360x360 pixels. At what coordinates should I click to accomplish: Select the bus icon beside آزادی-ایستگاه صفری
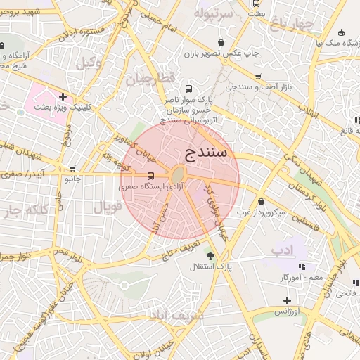(x=150, y=176)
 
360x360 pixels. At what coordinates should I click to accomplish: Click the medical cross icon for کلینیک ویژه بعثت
(x=63, y=96)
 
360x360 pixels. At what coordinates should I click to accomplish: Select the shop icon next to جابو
(x=72, y=169)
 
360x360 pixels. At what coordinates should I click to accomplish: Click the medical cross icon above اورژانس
(x=287, y=300)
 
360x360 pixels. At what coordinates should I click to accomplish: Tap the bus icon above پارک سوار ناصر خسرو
(x=188, y=89)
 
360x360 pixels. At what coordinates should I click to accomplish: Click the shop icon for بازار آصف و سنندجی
(x=257, y=77)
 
